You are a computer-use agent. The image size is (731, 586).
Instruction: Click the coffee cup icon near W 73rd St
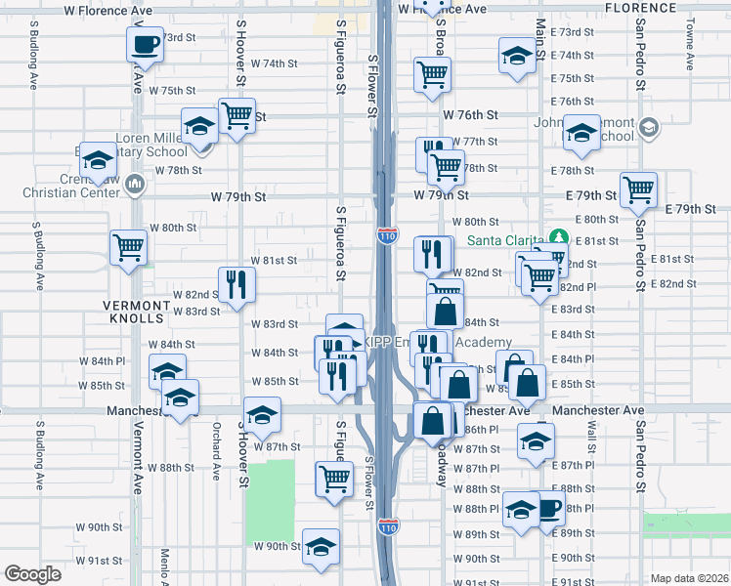145,44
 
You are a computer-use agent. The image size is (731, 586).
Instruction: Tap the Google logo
32,574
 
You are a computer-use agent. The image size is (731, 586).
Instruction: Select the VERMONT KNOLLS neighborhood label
137,305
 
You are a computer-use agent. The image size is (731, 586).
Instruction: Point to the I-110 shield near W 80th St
386,234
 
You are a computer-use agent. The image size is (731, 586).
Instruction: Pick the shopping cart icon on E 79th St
638,189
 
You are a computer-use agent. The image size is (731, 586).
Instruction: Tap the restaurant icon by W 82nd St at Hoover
236,284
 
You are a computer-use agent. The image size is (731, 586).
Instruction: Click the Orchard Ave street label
216,450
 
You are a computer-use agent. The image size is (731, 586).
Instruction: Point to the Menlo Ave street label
159,565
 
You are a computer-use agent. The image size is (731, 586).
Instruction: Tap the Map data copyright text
688,578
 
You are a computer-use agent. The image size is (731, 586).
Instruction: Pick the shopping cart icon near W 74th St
432,74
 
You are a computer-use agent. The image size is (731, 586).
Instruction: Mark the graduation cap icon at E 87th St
535,440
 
